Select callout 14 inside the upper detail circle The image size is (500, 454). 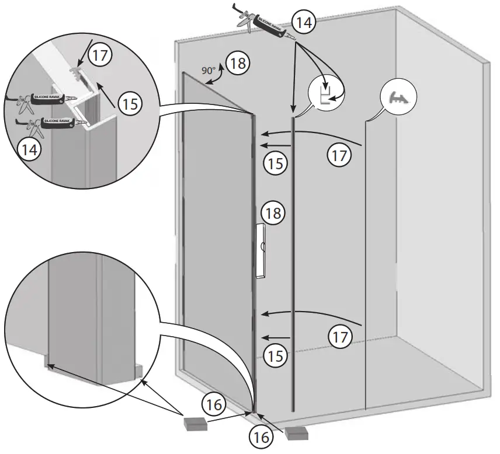(x=28, y=149)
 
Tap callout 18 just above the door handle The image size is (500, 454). (x=272, y=212)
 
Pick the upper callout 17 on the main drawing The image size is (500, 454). (x=340, y=155)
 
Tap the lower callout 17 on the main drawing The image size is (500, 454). (x=340, y=336)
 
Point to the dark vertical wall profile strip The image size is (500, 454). (x=293, y=263)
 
